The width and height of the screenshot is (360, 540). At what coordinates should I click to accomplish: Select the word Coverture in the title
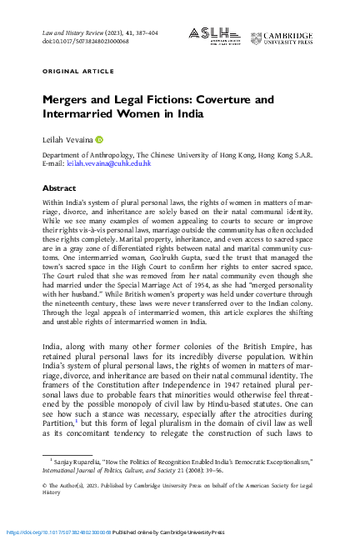click(224, 100)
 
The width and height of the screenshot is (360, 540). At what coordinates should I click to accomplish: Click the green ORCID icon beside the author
click(98, 140)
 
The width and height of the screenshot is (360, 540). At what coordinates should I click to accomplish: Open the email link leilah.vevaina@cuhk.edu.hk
click(108, 163)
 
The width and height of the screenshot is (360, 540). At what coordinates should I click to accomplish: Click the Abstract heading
click(58, 188)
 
